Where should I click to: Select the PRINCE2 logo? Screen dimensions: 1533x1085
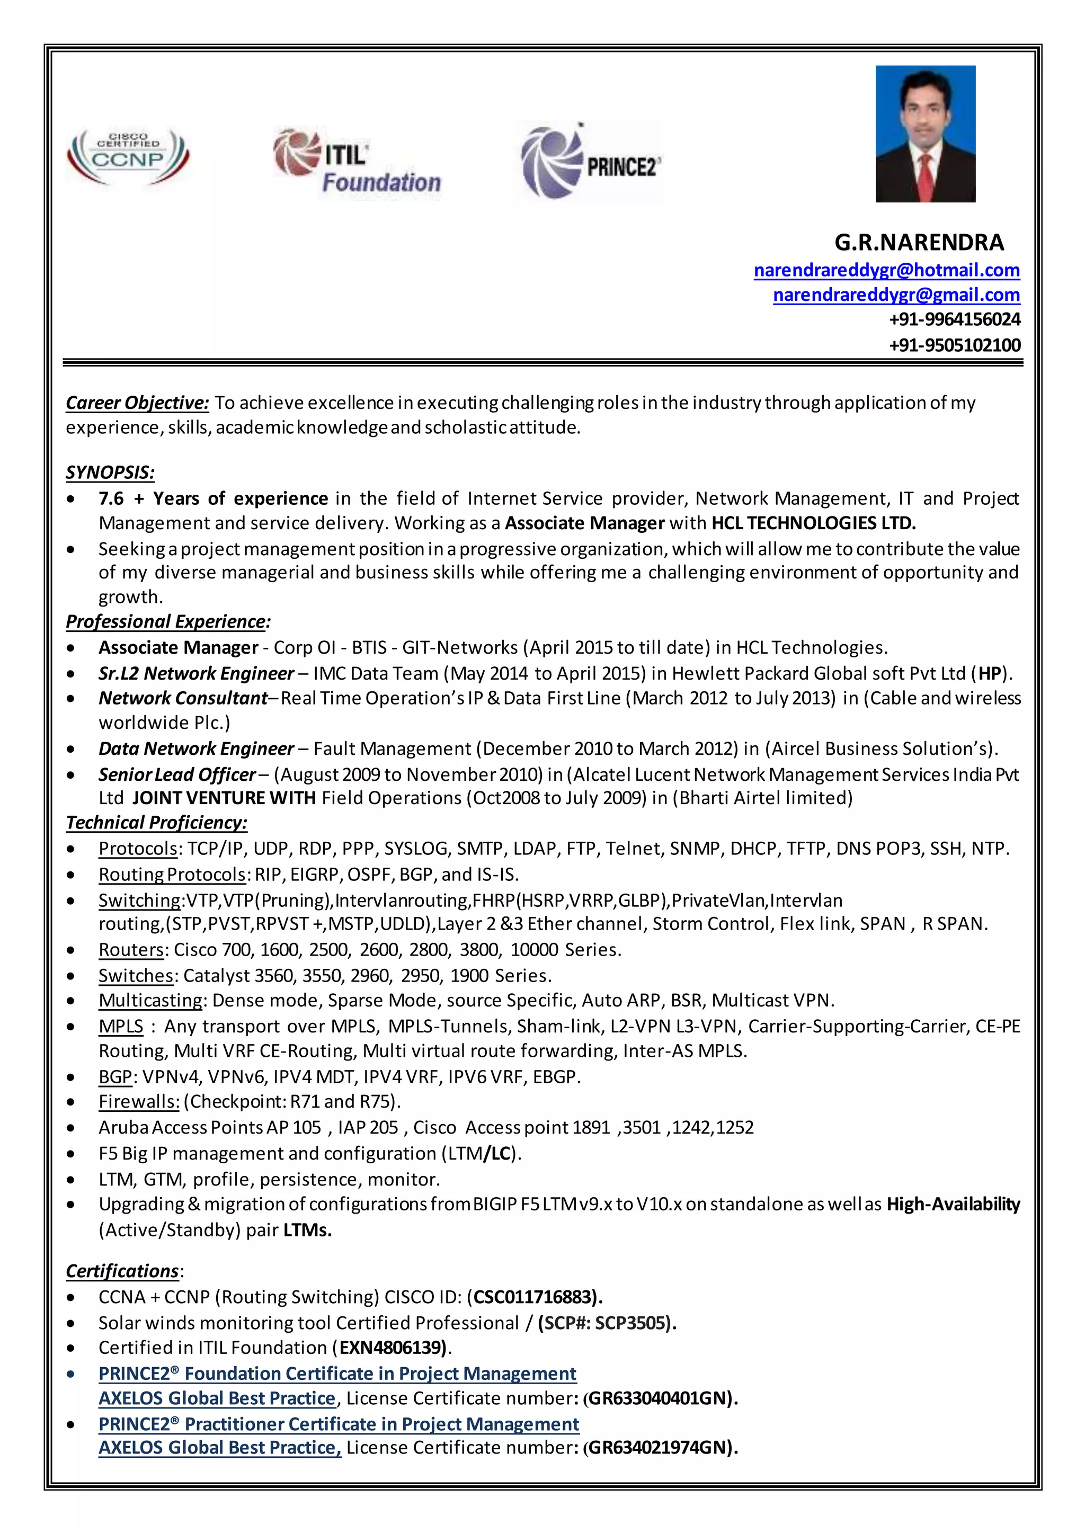(x=591, y=162)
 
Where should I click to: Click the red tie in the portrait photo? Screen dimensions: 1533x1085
(x=926, y=176)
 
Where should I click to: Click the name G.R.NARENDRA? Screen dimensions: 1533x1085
(x=919, y=243)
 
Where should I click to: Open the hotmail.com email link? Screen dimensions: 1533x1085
(x=886, y=271)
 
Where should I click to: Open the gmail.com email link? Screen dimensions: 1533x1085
(x=896, y=295)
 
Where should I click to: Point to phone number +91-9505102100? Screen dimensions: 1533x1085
(x=954, y=345)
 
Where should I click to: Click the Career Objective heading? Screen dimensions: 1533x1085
(x=137, y=403)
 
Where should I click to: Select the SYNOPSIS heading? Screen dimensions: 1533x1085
(x=110, y=473)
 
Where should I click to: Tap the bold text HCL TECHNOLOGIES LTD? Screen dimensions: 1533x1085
(x=813, y=523)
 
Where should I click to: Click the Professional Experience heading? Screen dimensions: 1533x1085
(x=167, y=622)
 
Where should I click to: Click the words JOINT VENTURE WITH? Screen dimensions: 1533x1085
(x=224, y=798)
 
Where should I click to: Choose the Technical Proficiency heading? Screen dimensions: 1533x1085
(x=156, y=823)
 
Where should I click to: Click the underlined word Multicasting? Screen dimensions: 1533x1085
(x=150, y=1001)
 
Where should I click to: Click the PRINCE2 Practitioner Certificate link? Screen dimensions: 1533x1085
(x=338, y=1424)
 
